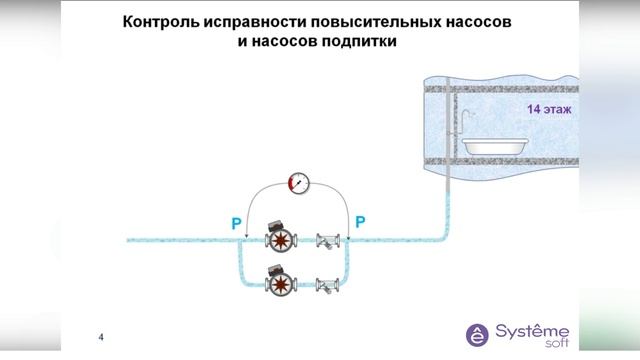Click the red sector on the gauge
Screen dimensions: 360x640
[x=291, y=183]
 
